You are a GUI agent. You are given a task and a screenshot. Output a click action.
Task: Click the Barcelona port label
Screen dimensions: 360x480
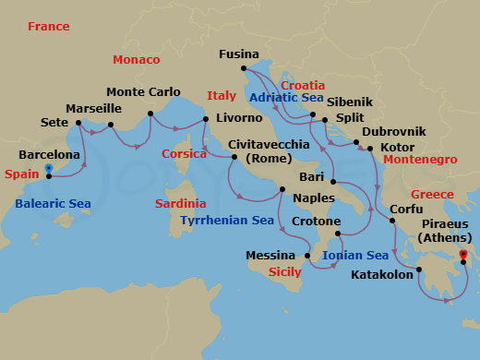tap(49, 155)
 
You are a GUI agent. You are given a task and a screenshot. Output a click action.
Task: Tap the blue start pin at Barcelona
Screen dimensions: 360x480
tap(47, 170)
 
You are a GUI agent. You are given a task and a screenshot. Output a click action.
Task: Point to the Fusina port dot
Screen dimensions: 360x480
tap(243, 68)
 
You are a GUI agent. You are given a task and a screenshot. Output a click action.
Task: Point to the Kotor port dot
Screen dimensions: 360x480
tap(369, 148)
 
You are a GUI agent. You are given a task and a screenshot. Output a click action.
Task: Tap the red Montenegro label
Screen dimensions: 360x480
tap(420, 160)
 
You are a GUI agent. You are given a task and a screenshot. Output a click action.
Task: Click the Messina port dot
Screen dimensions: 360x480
tap(306, 256)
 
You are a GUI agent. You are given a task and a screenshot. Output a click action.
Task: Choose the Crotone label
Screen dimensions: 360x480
tap(316, 222)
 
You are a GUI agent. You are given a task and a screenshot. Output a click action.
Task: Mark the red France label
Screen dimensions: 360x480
tap(49, 27)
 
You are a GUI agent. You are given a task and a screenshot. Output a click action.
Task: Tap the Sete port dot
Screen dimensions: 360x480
tap(78, 122)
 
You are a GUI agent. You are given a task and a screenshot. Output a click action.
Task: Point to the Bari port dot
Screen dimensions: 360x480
tap(331, 182)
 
